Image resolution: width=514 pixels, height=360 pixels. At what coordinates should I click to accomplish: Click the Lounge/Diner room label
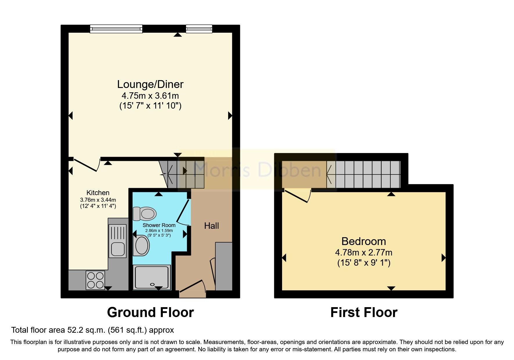(x=150, y=84)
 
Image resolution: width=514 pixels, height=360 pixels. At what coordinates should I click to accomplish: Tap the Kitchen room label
(x=98, y=193)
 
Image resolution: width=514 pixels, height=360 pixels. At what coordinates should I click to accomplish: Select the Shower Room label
(x=159, y=225)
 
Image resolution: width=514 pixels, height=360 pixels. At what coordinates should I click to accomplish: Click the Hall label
(x=212, y=226)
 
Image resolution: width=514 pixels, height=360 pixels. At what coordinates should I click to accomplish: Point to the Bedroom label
(x=364, y=241)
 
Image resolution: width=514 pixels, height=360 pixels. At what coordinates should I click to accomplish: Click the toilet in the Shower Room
(x=144, y=214)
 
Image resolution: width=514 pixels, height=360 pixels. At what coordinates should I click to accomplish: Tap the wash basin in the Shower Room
(x=141, y=246)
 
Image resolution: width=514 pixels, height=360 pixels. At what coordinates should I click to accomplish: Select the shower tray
(x=152, y=277)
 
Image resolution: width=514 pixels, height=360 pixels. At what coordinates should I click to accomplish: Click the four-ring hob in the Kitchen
(x=95, y=280)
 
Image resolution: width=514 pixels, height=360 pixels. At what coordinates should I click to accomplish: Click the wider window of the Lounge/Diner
(x=116, y=28)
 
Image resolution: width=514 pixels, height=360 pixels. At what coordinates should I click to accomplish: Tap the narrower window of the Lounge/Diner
(x=199, y=28)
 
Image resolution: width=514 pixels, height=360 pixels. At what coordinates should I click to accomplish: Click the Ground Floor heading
(x=150, y=313)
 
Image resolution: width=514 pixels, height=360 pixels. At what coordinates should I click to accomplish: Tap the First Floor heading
(x=364, y=313)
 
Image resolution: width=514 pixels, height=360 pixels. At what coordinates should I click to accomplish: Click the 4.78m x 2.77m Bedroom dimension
(x=364, y=253)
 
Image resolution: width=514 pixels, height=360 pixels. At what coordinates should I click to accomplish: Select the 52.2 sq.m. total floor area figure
(x=87, y=330)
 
